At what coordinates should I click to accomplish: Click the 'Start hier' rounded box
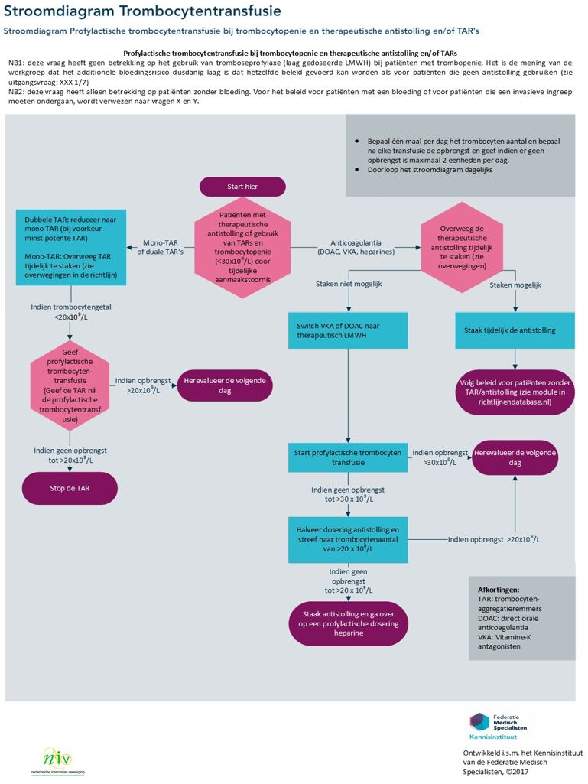242,187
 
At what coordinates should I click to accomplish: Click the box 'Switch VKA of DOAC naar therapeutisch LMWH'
348,330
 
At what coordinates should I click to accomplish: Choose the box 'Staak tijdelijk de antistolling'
515,330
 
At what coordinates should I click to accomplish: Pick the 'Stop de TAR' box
70,488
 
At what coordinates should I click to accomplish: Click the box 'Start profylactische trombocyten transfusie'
348,457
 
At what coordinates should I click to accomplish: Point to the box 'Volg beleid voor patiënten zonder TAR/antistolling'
515,390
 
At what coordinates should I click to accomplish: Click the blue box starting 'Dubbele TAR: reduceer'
70,246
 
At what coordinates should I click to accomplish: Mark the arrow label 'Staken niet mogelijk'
349,284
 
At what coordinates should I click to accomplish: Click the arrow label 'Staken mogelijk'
515,285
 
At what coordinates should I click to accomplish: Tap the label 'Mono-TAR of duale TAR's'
160,246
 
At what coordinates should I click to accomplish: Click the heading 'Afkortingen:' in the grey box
498,590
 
